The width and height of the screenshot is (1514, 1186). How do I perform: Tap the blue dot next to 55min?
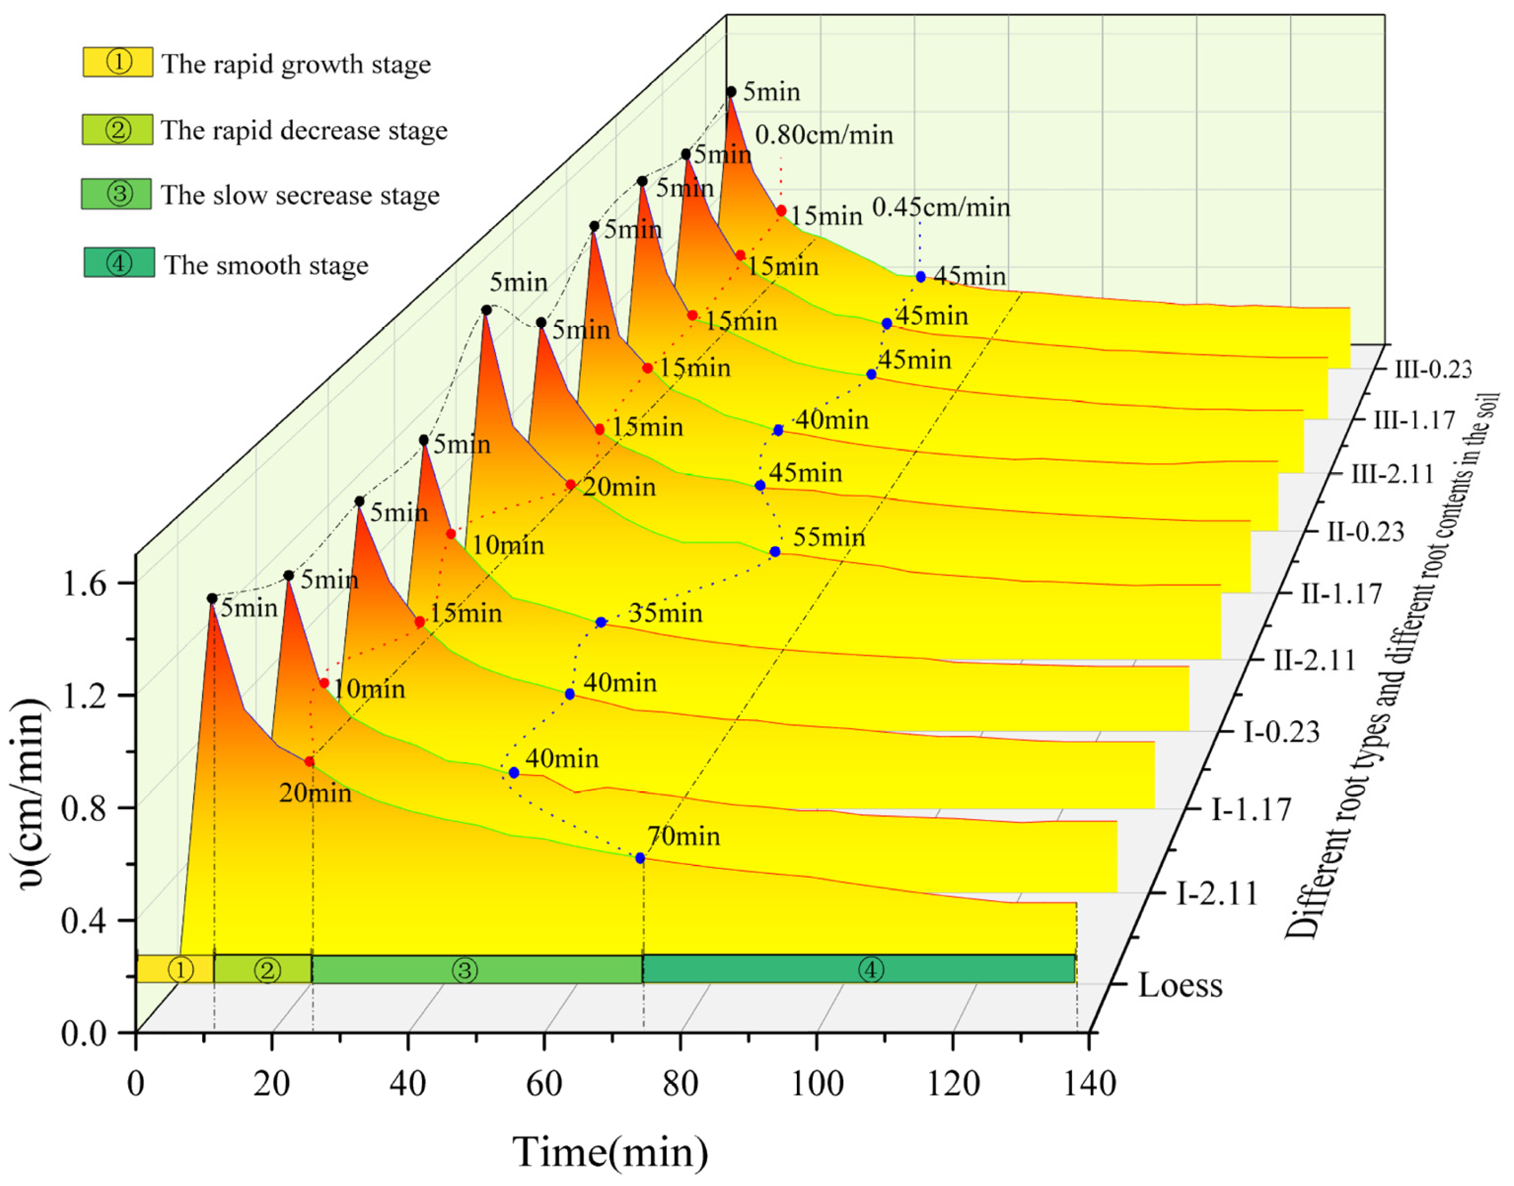(x=775, y=552)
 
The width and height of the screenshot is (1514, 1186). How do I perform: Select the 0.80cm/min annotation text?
(x=824, y=135)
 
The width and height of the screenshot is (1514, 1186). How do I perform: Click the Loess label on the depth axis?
(x=1180, y=985)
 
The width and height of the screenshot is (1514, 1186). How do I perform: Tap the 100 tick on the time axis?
(x=817, y=1084)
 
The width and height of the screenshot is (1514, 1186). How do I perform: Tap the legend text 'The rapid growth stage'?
(x=296, y=64)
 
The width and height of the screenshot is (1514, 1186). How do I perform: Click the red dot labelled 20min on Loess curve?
(x=310, y=762)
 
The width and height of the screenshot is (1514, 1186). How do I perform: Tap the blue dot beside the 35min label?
(x=601, y=622)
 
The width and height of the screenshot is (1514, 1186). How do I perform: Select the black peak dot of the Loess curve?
(x=212, y=598)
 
